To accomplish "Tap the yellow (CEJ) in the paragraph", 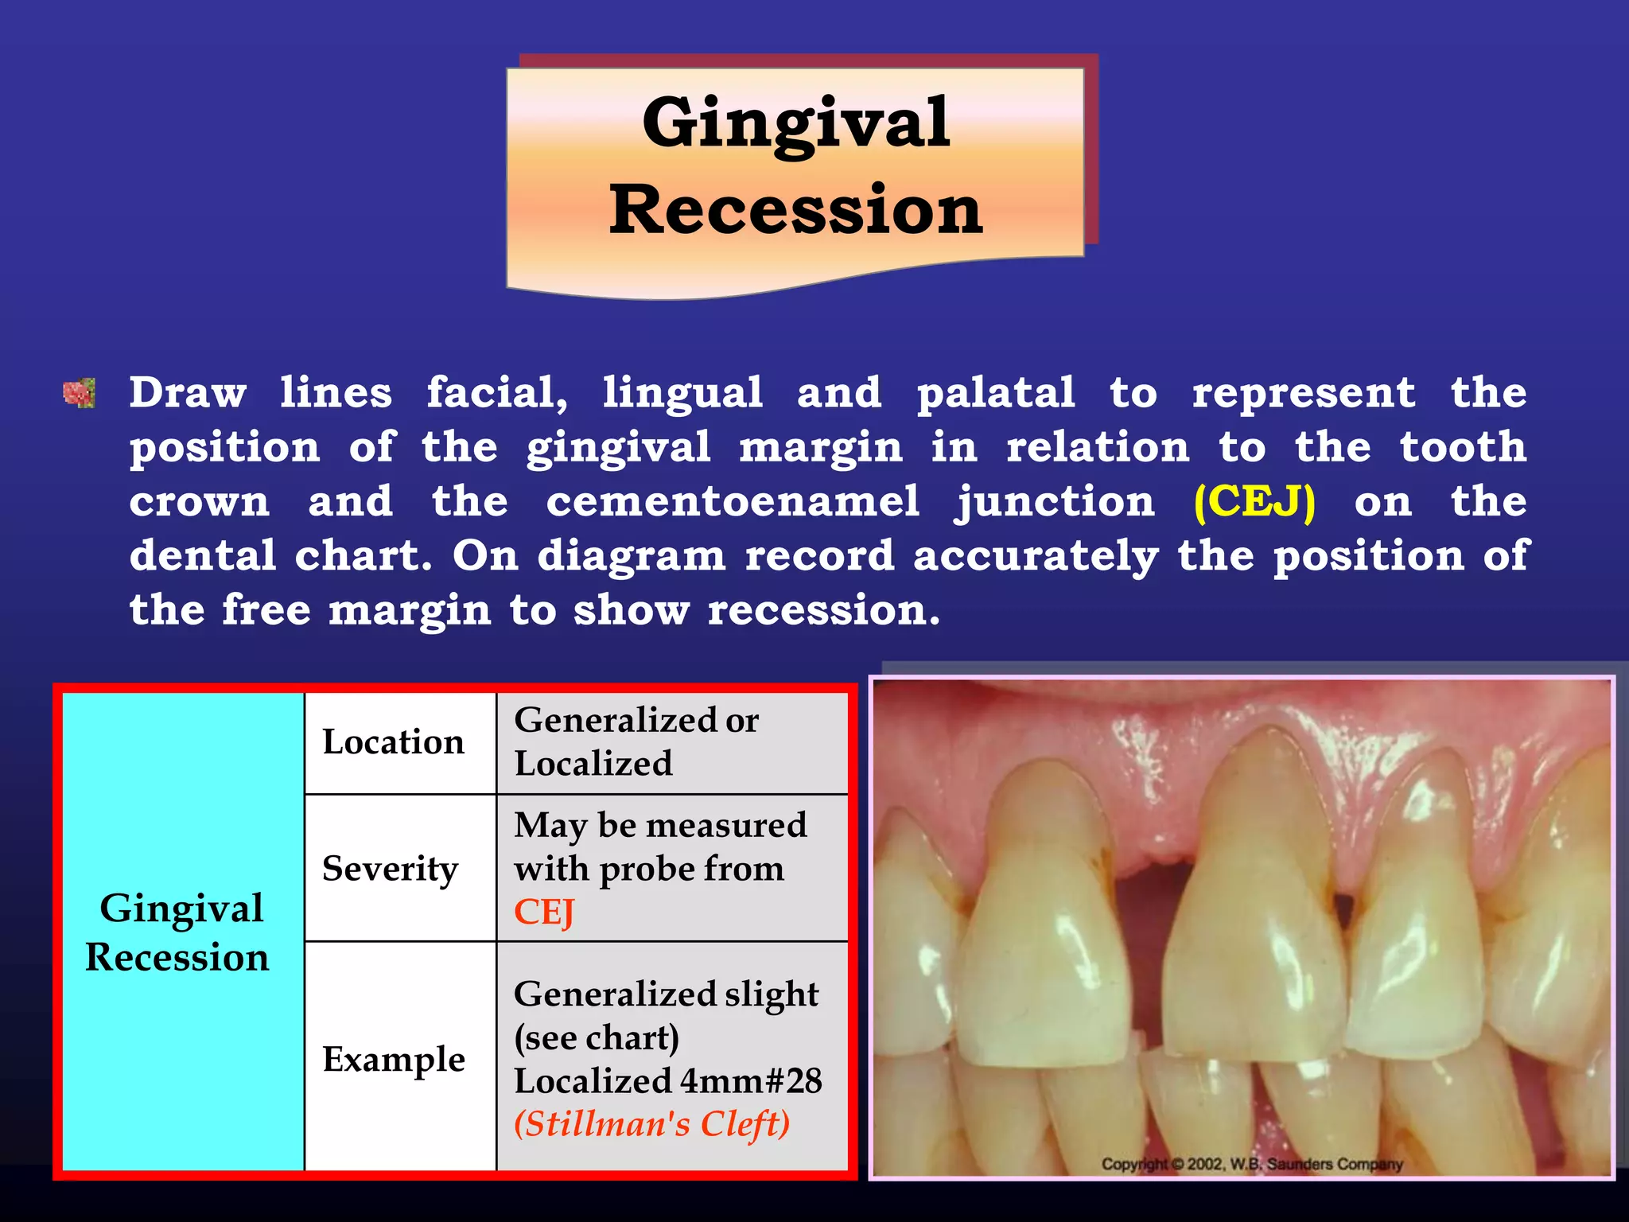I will [1254, 502].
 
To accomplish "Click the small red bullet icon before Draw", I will [80, 393].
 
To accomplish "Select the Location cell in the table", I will [393, 742].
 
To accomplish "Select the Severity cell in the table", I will [390, 868].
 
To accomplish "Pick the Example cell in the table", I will [393, 1059].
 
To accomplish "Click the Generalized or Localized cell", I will [636, 741].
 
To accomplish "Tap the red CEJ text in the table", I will [544, 912].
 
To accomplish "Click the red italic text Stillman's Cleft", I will [651, 1124].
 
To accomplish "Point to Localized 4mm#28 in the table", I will [667, 1081].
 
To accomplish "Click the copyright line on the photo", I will [1251, 1164].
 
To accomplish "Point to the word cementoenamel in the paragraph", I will [732, 502].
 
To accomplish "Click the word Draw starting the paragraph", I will [188, 393].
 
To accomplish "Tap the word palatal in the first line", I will [995, 393].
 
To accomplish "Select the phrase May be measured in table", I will [660, 825].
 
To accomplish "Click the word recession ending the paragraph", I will [822, 610].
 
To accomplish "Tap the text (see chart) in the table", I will [597, 1037].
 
